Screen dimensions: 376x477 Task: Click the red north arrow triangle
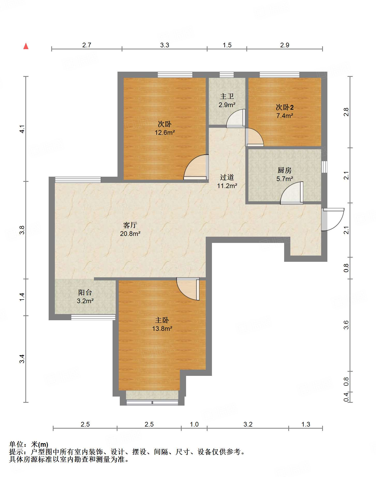26,46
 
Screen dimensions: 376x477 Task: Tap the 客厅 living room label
130,225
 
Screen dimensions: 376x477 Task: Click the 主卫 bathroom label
227,96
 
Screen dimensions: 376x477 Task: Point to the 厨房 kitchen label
285,170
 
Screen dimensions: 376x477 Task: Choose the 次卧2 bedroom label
285,107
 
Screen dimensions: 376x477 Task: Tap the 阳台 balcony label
85,293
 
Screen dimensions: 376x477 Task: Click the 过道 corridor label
227,177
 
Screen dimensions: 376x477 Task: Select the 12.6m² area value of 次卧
165,133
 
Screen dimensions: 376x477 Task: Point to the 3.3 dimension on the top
165,45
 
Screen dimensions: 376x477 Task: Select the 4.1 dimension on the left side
22,129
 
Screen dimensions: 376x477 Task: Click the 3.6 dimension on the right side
346,325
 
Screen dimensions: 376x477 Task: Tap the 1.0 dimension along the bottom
194,424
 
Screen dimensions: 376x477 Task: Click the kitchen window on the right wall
324,167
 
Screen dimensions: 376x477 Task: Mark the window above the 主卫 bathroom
227,75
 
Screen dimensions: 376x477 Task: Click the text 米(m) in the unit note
40,444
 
